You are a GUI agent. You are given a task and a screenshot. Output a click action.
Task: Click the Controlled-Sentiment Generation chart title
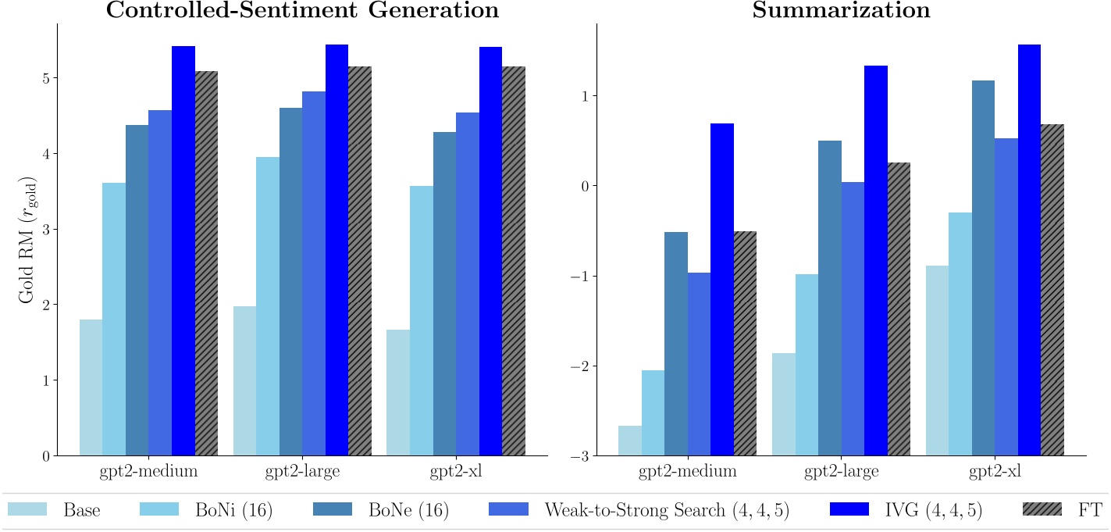[301, 11]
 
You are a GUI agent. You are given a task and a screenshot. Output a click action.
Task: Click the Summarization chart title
[841, 11]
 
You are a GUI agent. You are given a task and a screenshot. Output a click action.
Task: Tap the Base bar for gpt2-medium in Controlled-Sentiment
[91, 387]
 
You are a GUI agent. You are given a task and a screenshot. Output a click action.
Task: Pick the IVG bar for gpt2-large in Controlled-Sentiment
[337, 250]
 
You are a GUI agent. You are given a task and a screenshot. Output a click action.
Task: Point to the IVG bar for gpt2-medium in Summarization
[722, 289]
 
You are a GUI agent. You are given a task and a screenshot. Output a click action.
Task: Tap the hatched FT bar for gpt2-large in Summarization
[899, 309]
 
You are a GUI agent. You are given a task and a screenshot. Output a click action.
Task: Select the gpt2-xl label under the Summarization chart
[995, 472]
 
